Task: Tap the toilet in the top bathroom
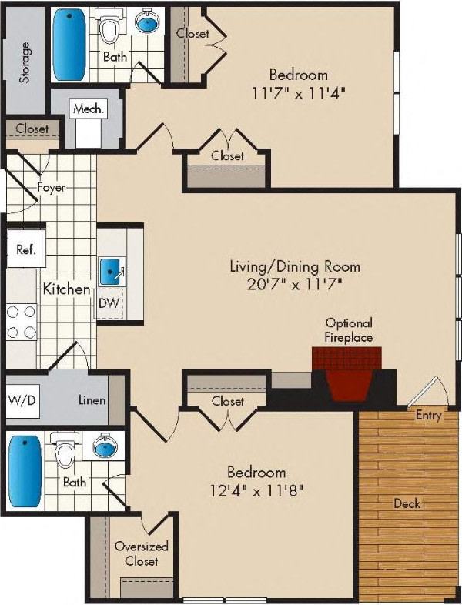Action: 111,29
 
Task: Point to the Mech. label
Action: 87,109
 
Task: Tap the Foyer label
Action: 51,186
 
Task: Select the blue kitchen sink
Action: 109,271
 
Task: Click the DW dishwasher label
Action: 109,303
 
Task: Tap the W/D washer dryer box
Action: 23,400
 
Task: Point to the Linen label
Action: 92,400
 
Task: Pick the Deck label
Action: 406,503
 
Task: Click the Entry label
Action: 428,416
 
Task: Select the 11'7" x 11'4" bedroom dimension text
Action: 298,92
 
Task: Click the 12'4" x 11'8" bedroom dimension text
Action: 256,489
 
